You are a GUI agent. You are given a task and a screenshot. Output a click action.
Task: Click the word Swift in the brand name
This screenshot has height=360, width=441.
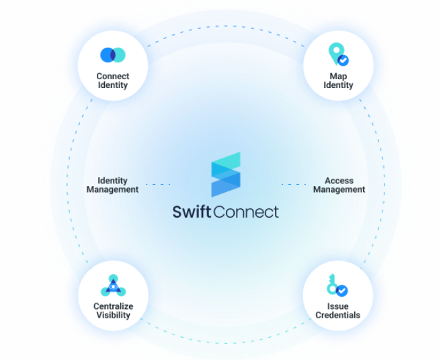[x=192, y=212]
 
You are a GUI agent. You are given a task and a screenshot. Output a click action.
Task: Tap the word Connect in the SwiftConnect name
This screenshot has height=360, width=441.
[x=246, y=212]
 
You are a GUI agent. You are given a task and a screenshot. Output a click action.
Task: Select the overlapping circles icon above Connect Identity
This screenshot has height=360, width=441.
[x=112, y=55]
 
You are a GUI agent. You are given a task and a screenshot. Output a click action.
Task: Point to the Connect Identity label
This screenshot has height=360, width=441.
[x=112, y=81]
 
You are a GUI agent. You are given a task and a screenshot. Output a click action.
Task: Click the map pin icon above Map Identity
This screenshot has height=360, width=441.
[x=335, y=54]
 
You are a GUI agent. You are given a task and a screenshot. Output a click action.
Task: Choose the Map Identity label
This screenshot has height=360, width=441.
[x=337, y=81]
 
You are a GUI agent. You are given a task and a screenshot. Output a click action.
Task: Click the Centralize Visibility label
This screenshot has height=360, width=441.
[x=112, y=310]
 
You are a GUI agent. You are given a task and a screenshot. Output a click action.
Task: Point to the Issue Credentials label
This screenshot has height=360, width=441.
[x=337, y=310]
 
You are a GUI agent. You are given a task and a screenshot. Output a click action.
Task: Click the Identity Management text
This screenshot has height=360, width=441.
[x=112, y=185]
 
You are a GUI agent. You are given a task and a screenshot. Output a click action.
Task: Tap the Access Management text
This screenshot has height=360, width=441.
[x=339, y=185]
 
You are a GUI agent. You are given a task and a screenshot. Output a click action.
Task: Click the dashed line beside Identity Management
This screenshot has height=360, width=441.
[x=158, y=184]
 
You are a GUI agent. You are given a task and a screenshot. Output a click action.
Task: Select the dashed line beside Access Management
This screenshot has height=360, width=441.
[x=294, y=184]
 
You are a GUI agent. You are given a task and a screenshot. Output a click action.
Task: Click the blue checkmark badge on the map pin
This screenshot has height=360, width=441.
[x=343, y=60]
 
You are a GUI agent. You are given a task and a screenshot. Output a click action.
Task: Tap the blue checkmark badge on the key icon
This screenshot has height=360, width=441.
[x=342, y=291]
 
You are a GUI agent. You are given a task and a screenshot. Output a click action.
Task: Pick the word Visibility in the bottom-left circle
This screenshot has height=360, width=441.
[x=112, y=315]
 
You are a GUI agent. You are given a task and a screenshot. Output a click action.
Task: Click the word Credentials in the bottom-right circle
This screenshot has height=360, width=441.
[x=337, y=315]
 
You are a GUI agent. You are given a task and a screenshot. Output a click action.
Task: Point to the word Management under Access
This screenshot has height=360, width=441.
[x=339, y=190]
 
